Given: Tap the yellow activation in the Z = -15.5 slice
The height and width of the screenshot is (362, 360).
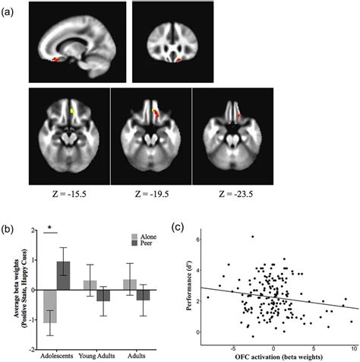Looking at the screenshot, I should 71,114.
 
